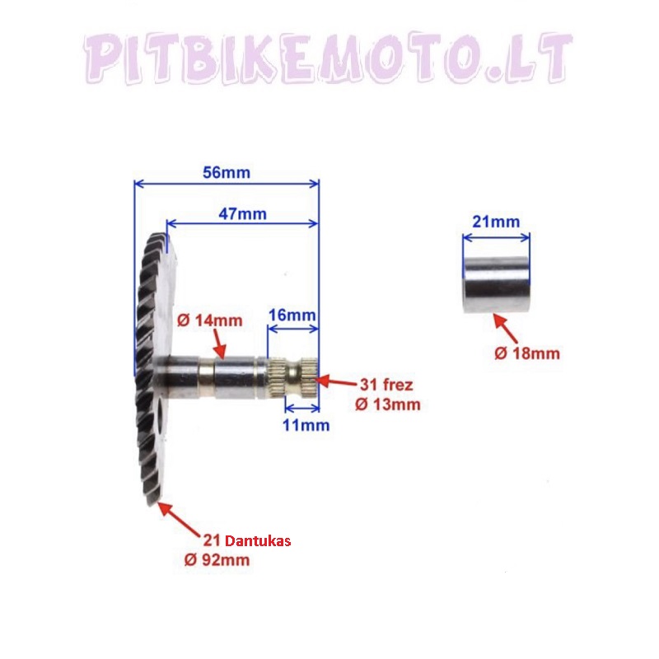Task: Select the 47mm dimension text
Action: [x=242, y=213]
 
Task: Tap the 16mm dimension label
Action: [x=292, y=316]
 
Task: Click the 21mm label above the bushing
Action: [x=496, y=222]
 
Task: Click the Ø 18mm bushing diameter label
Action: [x=527, y=353]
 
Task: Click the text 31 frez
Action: [x=384, y=385]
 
